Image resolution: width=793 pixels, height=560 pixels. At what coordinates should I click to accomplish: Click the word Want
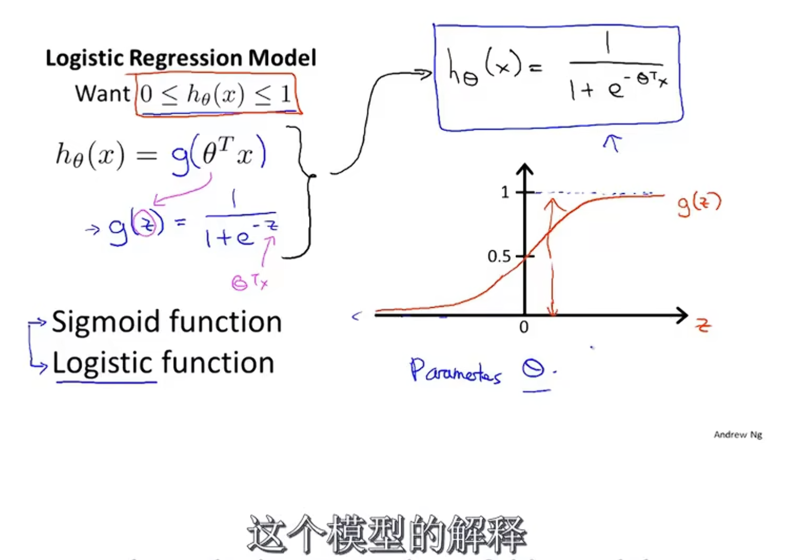pyautogui.click(x=102, y=94)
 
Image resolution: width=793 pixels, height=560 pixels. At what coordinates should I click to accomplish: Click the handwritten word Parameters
pyautogui.click(x=455, y=371)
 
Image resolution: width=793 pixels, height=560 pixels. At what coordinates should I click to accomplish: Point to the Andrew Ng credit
pyautogui.click(x=738, y=435)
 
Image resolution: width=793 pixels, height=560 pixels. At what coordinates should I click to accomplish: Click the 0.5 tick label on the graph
pyautogui.click(x=499, y=257)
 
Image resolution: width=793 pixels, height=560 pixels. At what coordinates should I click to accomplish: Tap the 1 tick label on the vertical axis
pyautogui.click(x=505, y=192)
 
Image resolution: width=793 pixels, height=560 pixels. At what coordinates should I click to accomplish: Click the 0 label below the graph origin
pyautogui.click(x=524, y=327)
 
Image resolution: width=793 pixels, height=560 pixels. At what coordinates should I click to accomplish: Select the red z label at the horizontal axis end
pyautogui.click(x=702, y=325)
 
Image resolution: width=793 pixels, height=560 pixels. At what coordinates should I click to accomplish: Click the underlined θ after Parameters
pyautogui.click(x=533, y=369)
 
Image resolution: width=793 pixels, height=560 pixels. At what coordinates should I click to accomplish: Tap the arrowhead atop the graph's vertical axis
pyautogui.click(x=524, y=169)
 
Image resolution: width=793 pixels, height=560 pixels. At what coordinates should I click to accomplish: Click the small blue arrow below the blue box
pyautogui.click(x=612, y=142)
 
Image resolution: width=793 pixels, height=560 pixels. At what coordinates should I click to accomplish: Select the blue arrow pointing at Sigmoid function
pyautogui.click(x=39, y=321)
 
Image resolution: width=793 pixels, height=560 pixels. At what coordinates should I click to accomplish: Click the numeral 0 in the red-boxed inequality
pyautogui.click(x=146, y=94)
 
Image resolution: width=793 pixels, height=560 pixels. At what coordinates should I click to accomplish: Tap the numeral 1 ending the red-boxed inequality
pyautogui.click(x=285, y=94)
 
